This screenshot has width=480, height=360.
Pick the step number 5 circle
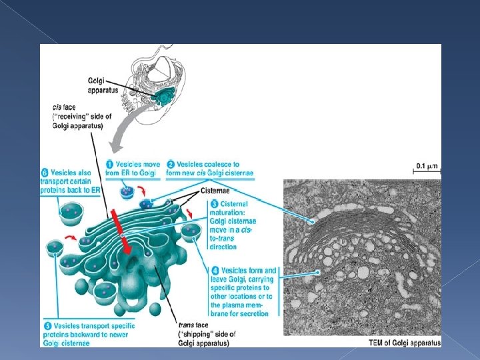(46, 326)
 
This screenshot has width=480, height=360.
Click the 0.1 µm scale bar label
(427, 165)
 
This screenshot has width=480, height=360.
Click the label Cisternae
(215, 190)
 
